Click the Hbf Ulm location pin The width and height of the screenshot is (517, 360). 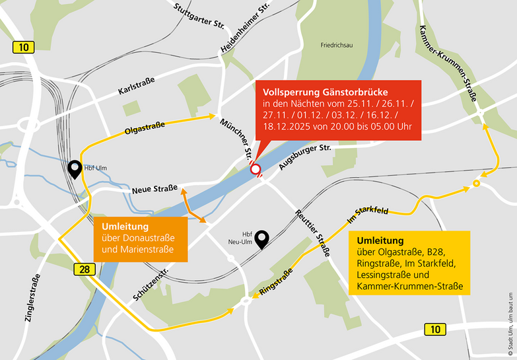[x=76, y=170]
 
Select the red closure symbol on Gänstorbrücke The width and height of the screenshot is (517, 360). [x=256, y=170]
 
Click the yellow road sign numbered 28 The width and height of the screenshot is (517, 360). [x=82, y=268]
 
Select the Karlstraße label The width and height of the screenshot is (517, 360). [x=136, y=85]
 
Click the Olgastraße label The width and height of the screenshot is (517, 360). [x=145, y=126]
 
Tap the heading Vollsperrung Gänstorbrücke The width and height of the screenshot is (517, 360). [x=325, y=92]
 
